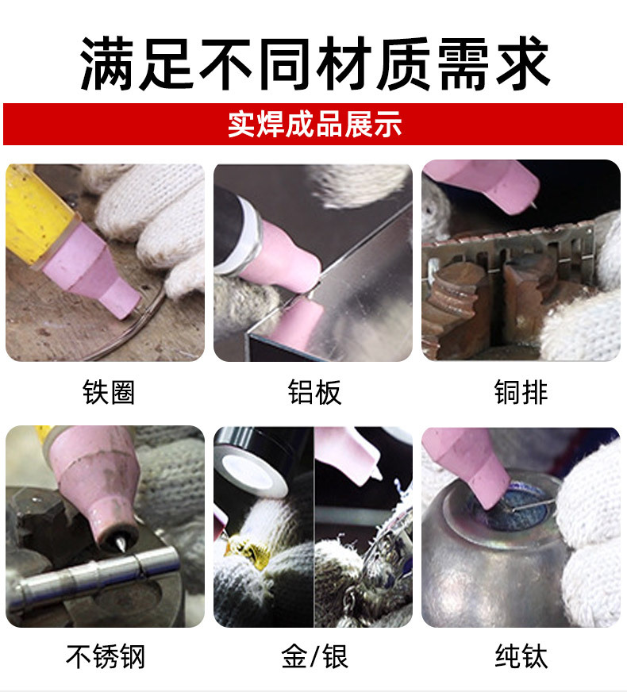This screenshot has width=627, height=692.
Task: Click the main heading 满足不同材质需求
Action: pos(314,63)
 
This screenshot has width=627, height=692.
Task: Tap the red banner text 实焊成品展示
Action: pos(314,125)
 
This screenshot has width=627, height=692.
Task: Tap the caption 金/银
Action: pos(314,656)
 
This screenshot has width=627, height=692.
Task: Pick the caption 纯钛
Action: pos(521,656)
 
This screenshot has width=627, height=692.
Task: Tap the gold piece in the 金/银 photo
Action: pos(242,546)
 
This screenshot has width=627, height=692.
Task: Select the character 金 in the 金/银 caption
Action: pos(294,656)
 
